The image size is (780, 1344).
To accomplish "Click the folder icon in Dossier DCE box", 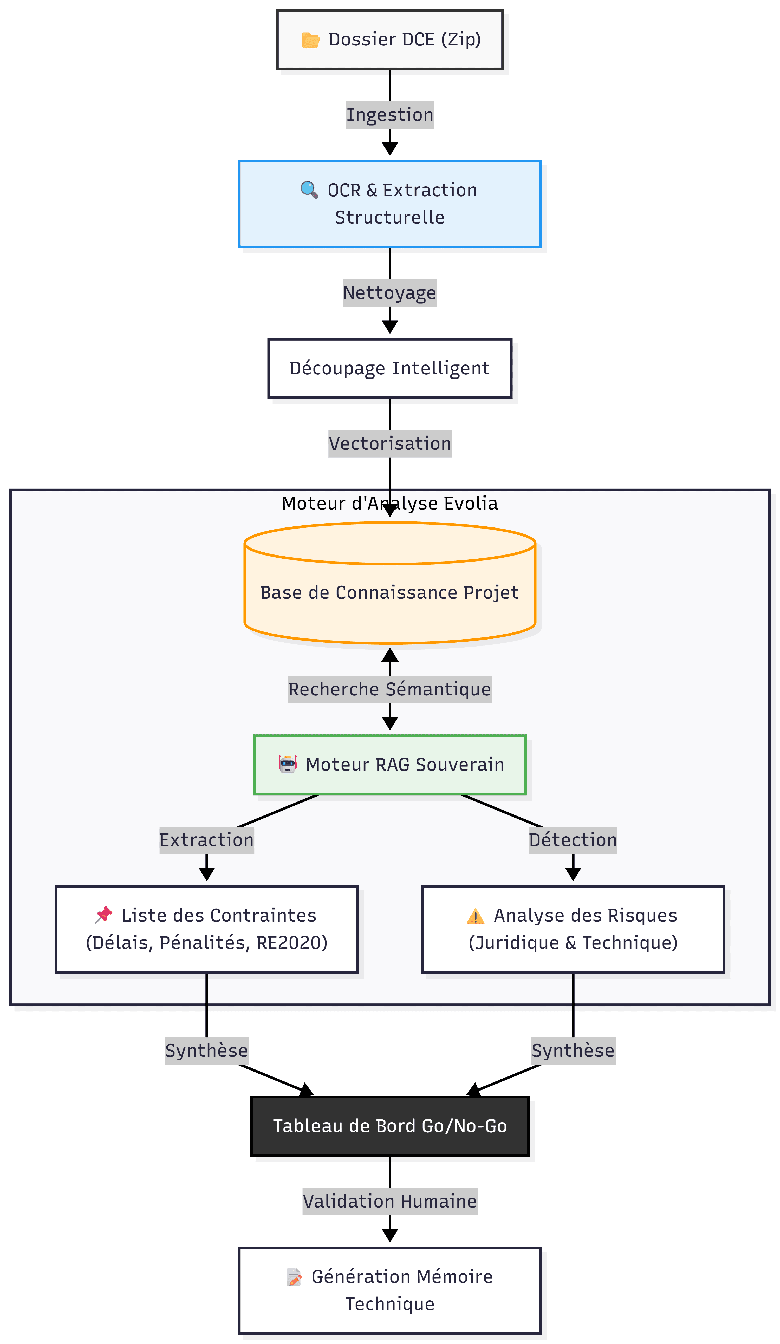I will [x=310, y=40].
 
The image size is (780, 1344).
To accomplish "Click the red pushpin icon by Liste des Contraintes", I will [x=103, y=915].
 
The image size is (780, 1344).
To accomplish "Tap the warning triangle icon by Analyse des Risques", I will [x=475, y=916].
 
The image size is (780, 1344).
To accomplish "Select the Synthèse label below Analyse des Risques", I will [x=573, y=1051].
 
